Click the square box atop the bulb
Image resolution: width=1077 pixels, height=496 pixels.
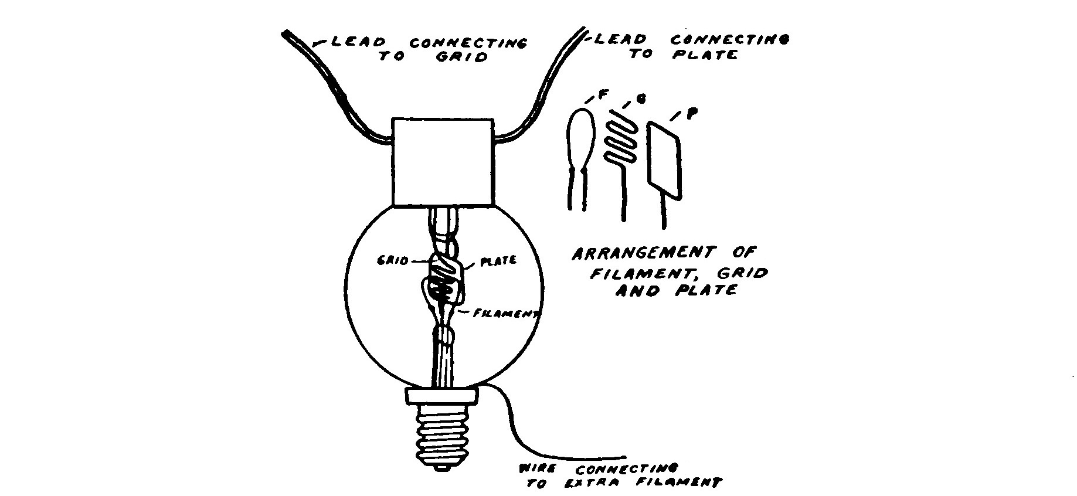443,162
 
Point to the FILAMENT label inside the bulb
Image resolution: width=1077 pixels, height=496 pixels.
506,314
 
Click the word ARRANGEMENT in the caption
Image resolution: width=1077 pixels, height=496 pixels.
643,254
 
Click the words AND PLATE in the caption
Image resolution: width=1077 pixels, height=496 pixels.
674,290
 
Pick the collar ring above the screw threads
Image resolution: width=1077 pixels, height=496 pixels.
443,396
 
